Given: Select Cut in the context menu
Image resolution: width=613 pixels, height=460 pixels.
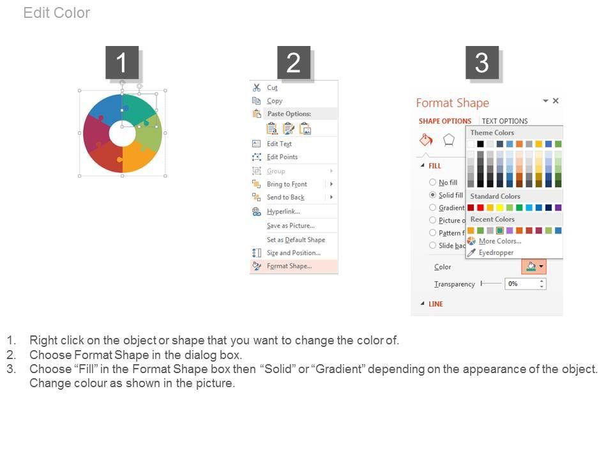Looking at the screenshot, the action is [x=272, y=88].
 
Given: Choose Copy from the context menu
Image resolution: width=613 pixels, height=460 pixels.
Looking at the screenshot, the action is [x=275, y=100].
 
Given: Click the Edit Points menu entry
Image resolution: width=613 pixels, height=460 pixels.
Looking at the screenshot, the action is [x=282, y=157].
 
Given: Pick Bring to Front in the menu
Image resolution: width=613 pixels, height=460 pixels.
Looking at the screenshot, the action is [x=287, y=184].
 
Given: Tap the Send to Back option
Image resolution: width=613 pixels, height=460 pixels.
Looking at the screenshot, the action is [x=285, y=197].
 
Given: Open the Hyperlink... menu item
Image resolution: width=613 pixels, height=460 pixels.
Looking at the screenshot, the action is [x=283, y=211].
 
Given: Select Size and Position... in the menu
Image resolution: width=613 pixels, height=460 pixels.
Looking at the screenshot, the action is [x=293, y=253].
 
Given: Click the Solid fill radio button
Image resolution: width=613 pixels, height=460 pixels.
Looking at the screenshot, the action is [x=432, y=195].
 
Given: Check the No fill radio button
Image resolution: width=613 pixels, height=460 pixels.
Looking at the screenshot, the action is [x=432, y=182].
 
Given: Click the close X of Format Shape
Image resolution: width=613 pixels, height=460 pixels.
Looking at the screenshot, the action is [x=556, y=100].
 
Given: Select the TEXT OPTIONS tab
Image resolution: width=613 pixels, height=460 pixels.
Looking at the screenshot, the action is [x=504, y=121].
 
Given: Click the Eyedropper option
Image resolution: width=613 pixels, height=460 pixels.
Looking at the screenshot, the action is [x=496, y=253].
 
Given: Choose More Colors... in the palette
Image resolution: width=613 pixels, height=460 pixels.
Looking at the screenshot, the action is [x=499, y=241].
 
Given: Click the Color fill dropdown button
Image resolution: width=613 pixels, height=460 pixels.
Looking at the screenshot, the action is [x=534, y=266].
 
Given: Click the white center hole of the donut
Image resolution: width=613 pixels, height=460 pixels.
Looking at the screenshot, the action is [x=123, y=134].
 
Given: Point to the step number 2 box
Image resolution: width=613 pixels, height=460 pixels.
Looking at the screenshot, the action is [x=294, y=63].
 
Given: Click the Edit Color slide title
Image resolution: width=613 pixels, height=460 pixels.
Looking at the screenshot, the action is [x=57, y=13].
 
